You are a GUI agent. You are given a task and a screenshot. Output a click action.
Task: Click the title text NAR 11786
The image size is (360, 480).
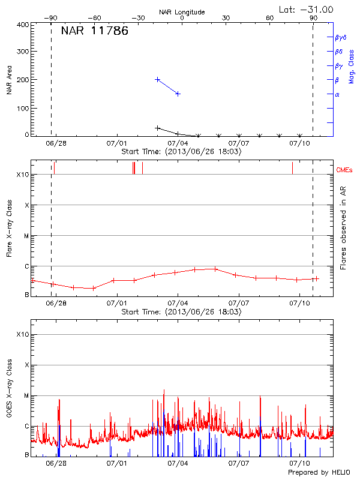(94, 32)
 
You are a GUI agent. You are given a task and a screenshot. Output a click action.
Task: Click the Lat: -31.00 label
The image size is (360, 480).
(307, 9)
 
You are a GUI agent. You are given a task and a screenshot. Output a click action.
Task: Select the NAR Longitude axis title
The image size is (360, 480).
(182, 12)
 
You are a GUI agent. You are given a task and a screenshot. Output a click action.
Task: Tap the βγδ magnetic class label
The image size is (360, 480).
(341, 37)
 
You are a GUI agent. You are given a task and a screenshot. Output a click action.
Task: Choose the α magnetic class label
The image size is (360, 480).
(337, 94)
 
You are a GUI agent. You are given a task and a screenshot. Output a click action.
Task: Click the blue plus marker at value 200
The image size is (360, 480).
(158, 79)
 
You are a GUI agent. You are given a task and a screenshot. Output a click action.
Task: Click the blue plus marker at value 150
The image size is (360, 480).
(178, 94)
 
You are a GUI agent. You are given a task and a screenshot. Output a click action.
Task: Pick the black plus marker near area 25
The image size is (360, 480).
(158, 128)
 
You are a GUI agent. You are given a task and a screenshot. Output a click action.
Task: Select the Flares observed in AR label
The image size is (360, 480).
(343, 227)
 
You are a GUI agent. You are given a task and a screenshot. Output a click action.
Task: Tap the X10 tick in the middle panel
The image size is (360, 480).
(23, 175)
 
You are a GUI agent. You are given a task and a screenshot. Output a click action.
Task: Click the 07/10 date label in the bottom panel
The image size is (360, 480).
(300, 463)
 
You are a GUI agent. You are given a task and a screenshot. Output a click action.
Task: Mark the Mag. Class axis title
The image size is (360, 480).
(352, 66)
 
